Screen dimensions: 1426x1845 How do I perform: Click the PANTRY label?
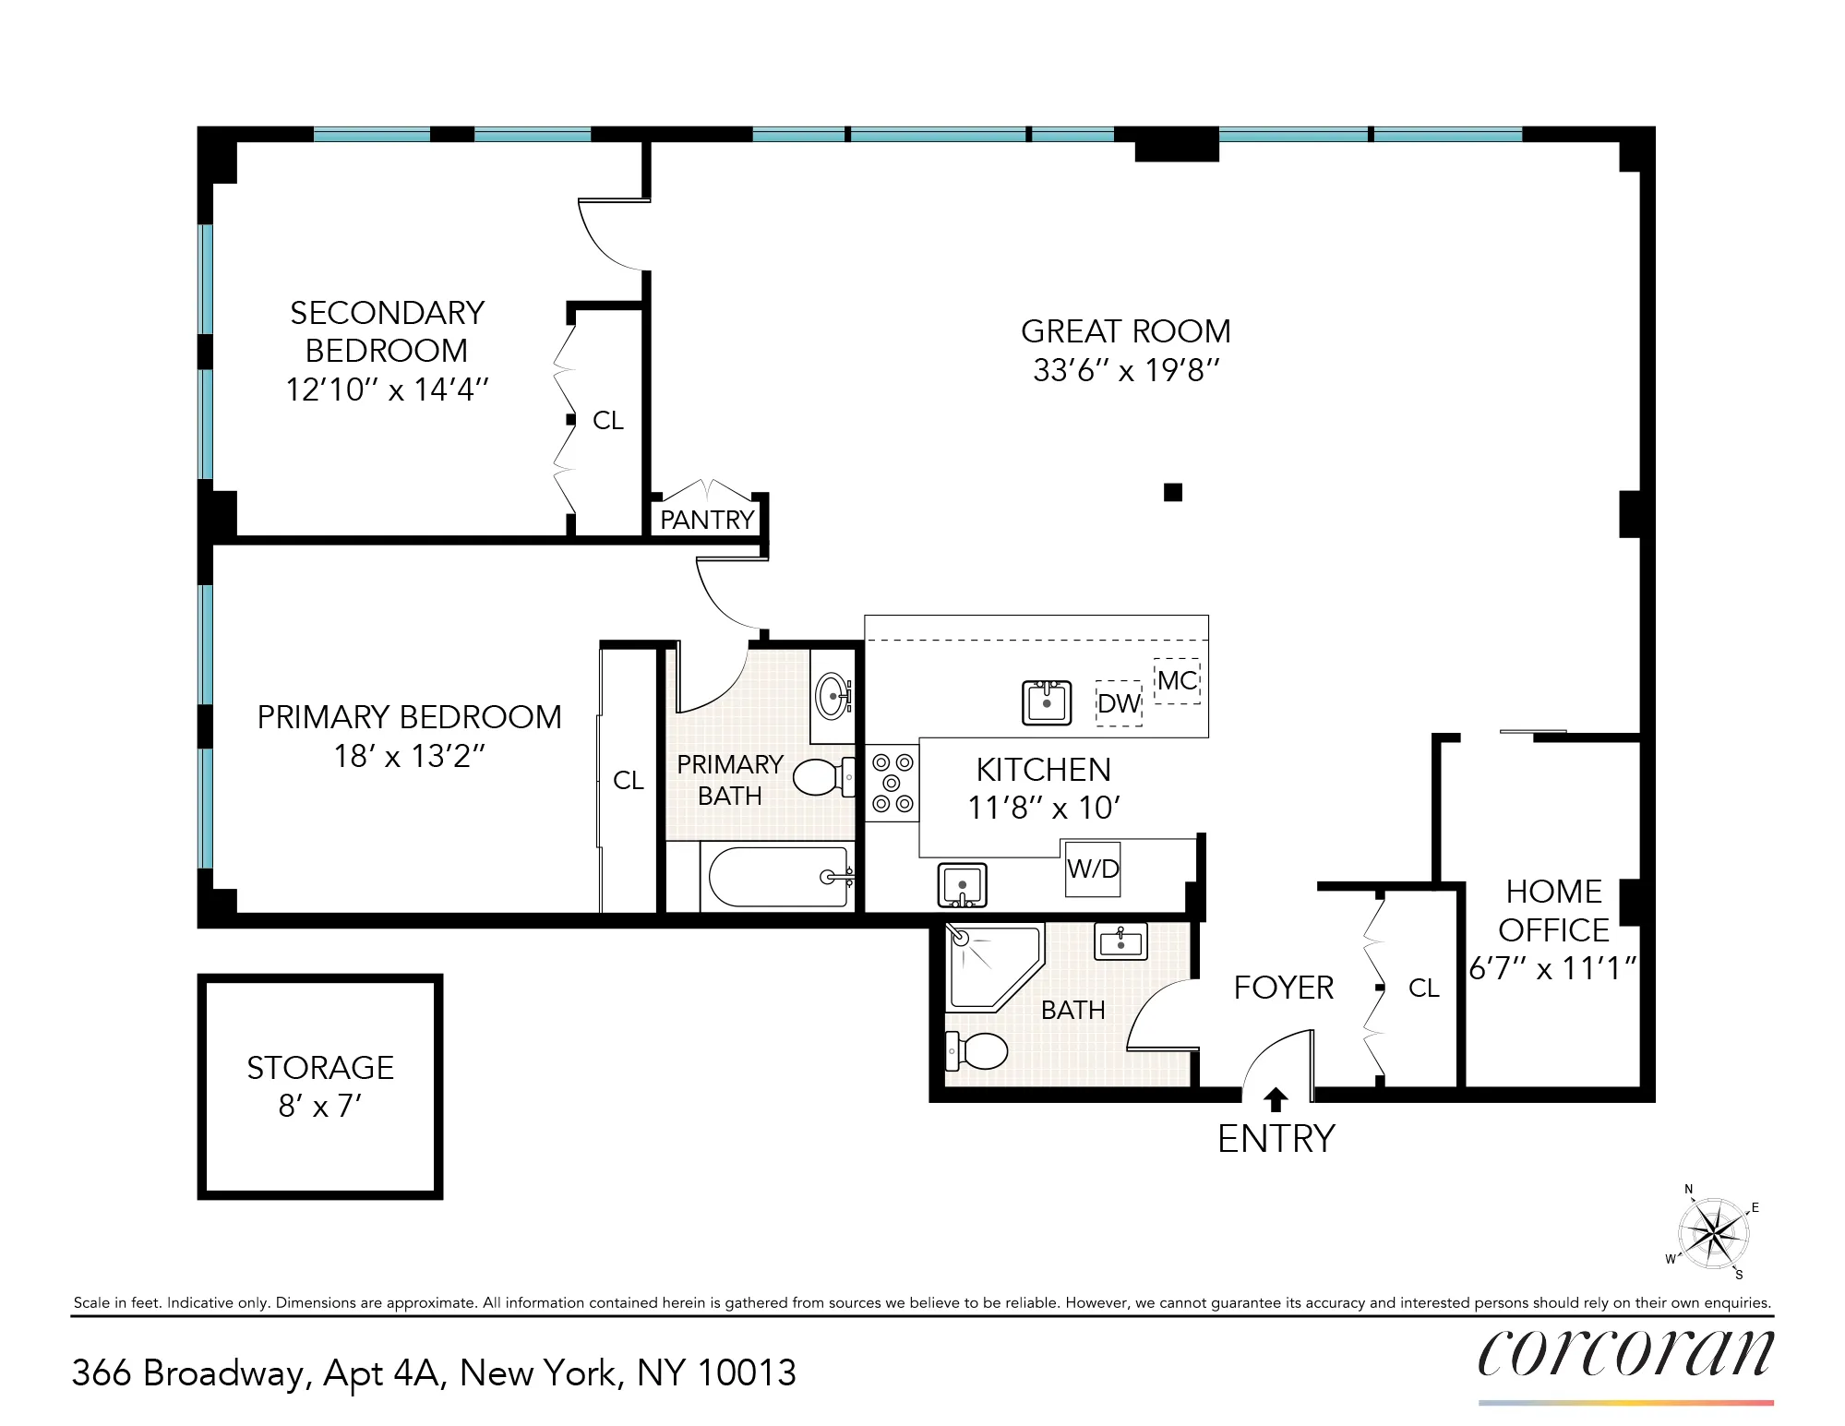click(x=707, y=520)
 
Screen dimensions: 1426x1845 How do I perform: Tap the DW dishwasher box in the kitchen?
click(x=1119, y=703)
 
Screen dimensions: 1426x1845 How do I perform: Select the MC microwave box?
click(x=1177, y=681)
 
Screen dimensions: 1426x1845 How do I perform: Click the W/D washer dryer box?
click(x=1093, y=869)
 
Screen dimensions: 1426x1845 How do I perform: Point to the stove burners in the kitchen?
click(x=892, y=783)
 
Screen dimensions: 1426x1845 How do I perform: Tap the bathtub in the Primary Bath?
click(x=780, y=877)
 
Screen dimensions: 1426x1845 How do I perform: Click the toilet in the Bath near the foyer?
click(x=978, y=1050)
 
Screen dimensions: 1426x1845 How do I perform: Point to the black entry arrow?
click(x=1276, y=1099)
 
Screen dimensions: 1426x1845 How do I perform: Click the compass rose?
click(x=1713, y=1233)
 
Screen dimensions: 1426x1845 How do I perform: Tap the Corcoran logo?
click(x=1625, y=1354)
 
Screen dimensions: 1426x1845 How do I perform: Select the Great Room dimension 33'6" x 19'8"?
click(x=1126, y=370)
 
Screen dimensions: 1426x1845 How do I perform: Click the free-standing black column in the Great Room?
click(x=1173, y=492)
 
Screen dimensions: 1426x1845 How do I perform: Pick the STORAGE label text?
click(x=320, y=1068)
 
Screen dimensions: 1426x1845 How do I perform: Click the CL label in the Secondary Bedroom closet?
click(x=608, y=421)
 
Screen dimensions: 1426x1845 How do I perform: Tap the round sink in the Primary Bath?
click(x=833, y=695)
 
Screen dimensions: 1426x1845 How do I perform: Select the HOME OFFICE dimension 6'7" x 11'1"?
click(x=1552, y=968)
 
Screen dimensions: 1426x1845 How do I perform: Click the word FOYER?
click(x=1283, y=988)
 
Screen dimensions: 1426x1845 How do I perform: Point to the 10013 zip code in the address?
click(x=746, y=1373)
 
